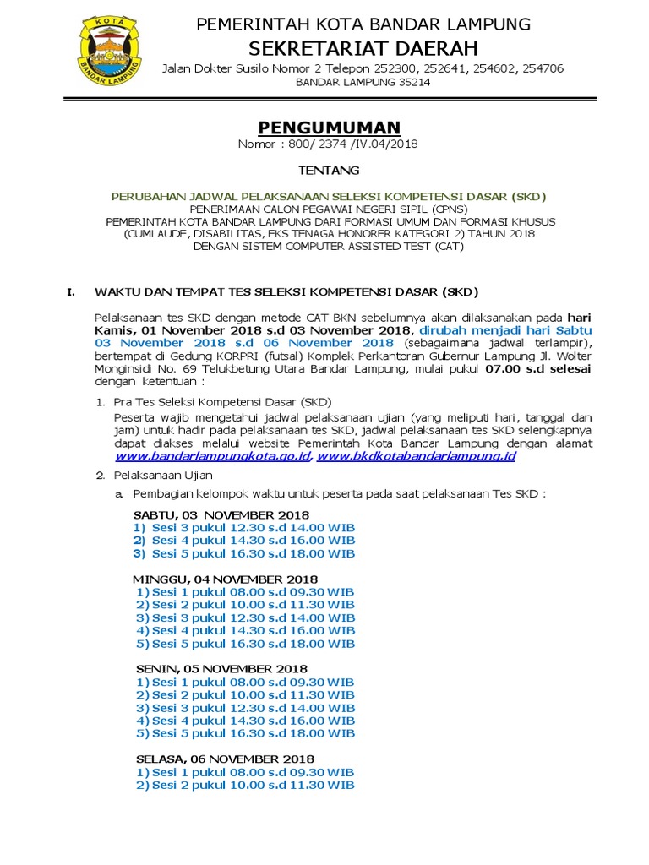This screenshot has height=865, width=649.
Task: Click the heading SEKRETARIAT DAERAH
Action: click(x=363, y=46)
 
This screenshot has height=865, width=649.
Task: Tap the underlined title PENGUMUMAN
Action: click(x=329, y=128)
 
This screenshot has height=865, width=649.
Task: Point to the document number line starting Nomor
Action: click(x=329, y=144)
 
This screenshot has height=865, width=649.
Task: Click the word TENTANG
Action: click(x=329, y=171)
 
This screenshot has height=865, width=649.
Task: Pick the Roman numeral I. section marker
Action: click(x=71, y=292)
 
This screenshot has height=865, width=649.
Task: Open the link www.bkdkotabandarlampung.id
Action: click(x=417, y=455)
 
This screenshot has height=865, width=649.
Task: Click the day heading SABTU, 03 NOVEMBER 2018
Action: click(x=221, y=514)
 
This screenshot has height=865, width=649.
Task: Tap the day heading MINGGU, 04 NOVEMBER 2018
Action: click(x=226, y=579)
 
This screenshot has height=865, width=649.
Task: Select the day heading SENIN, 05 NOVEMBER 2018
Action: click(x=221, y=668)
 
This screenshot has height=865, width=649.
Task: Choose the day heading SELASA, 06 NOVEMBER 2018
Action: click(x=225, y=759)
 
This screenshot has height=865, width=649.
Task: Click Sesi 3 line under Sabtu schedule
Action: click(x=243, y=527)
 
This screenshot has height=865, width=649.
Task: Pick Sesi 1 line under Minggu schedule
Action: click(x=245, y=592)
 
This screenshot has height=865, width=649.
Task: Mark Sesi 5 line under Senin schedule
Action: click(x=245, y=733)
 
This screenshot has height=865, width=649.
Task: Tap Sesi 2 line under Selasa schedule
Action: click(x=245, y=785)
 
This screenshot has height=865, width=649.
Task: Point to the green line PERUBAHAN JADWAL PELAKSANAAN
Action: click(x=329, y=196)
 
